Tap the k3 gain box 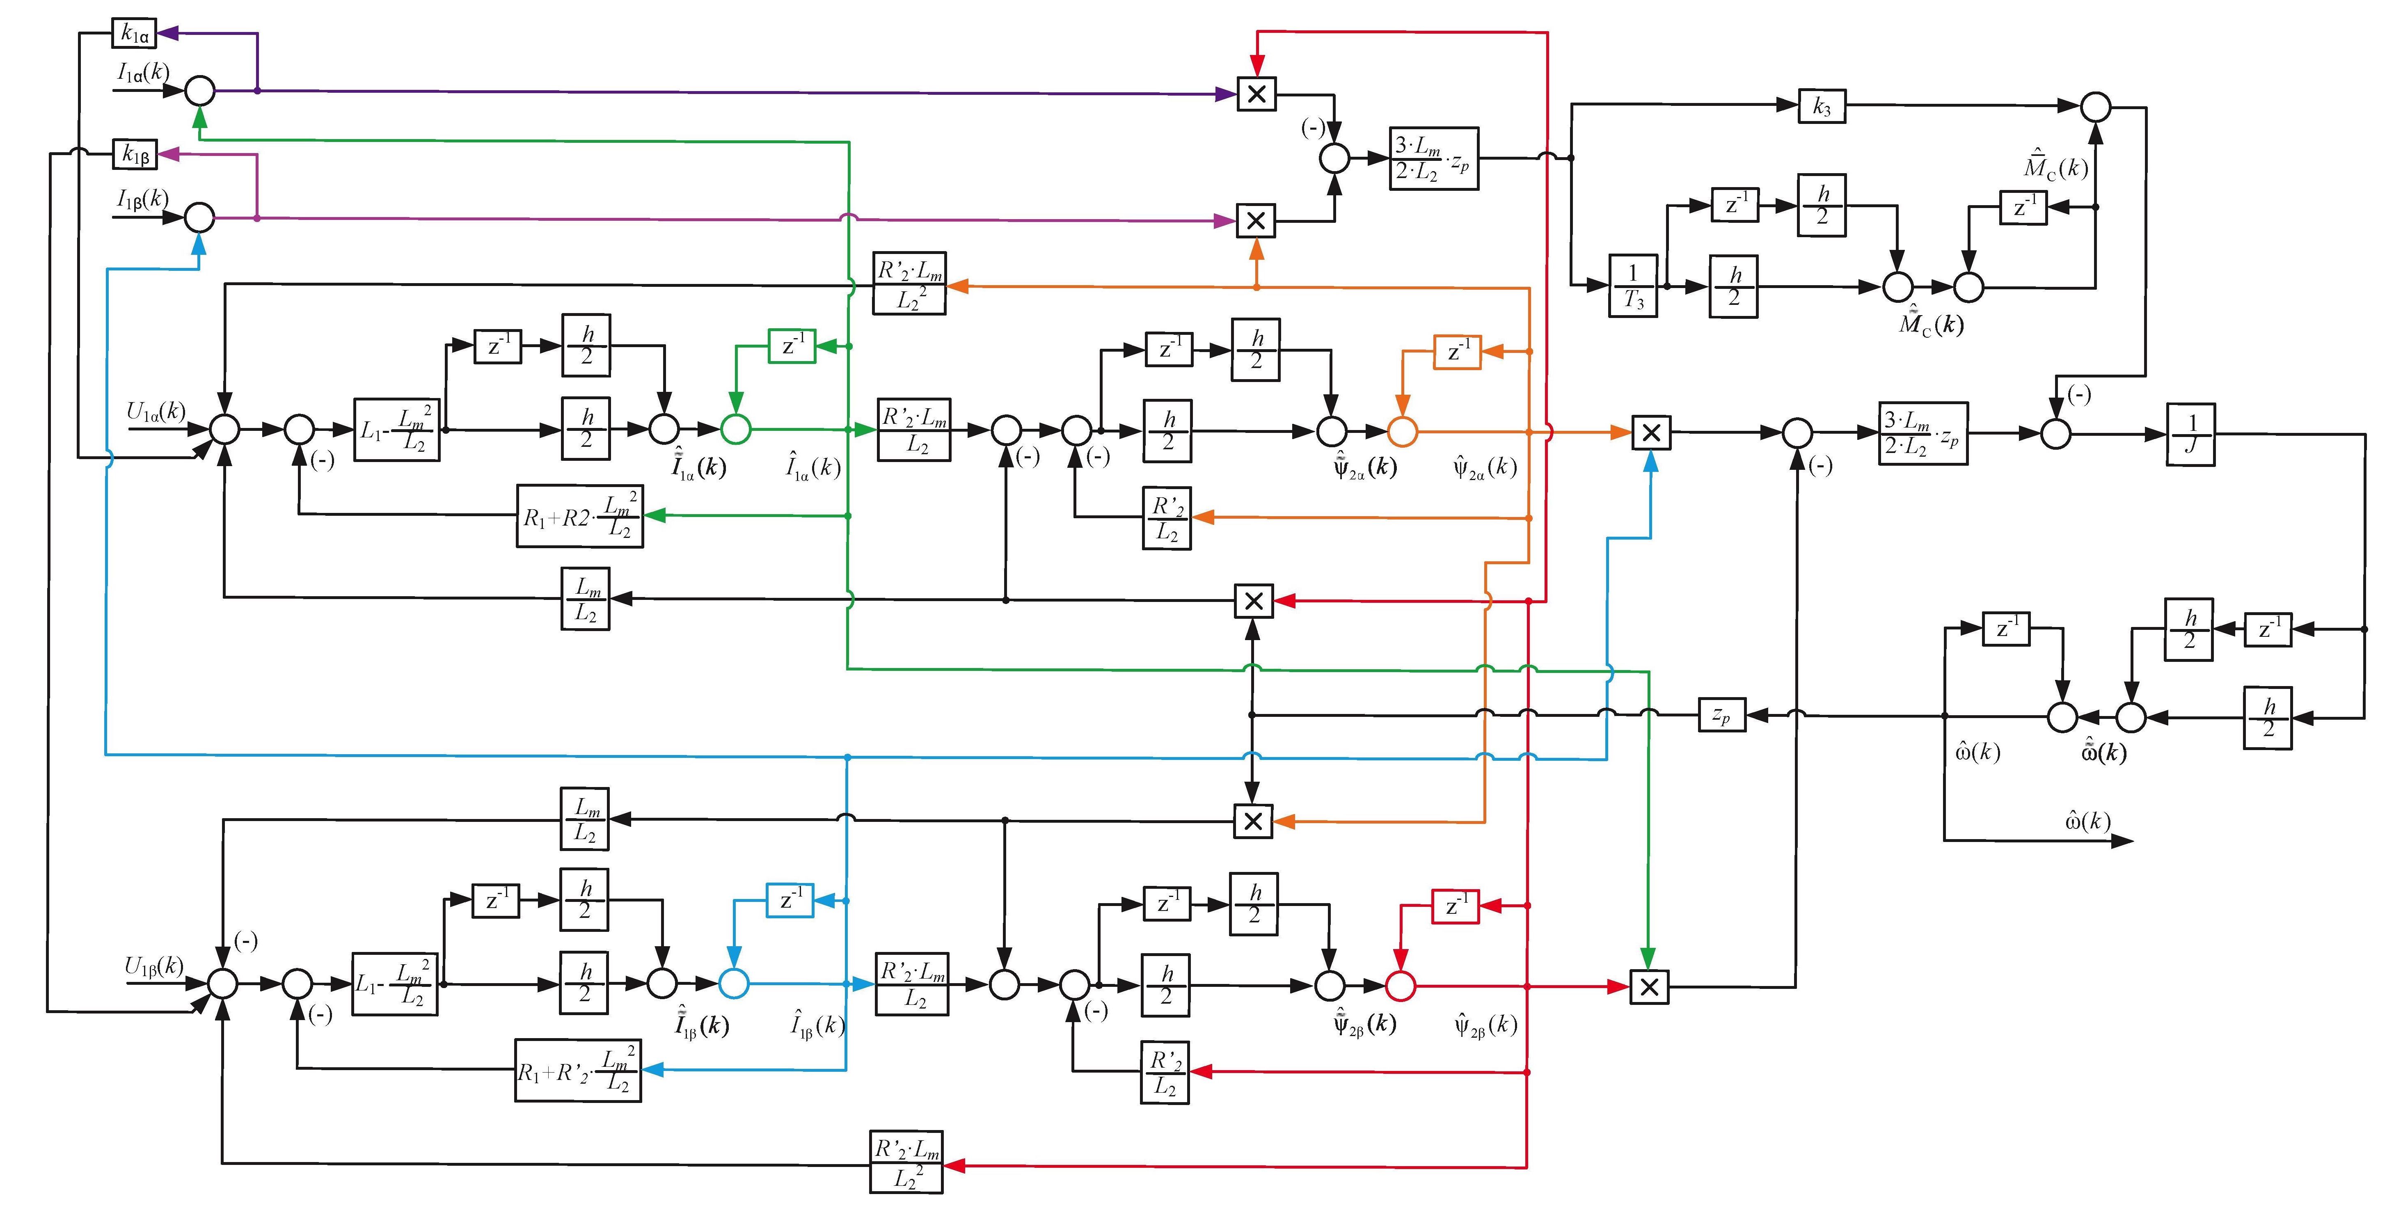(1822, 107)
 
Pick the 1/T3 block (1633, 285)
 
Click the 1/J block (2190, 434)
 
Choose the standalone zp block (1721, 715)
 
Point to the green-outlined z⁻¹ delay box (792, 346)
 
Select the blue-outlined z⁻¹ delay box (790, 900)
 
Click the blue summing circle (734, 983)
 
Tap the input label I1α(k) (143, 71)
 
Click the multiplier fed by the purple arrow (1257, 94)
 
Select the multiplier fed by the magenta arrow (1256, 221)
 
